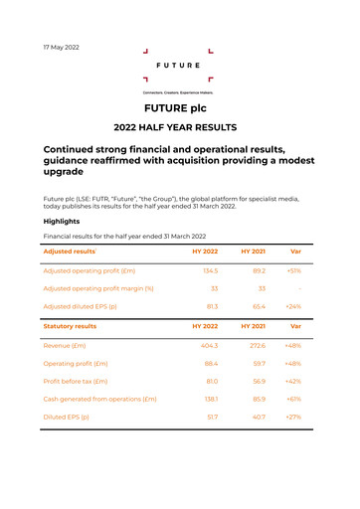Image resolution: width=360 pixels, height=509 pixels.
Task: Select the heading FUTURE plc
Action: tap(179, 107)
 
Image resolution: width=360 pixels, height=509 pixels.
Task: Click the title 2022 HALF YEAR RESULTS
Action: tap(179, 128)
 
